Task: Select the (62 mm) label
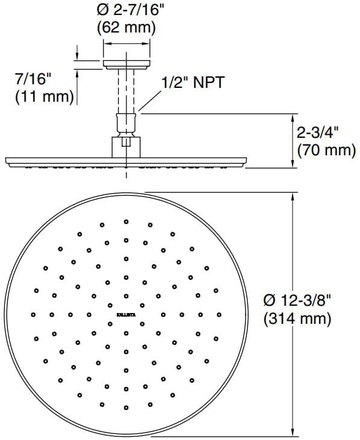tap(126, 27)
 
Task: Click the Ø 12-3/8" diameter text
tap(299, 299)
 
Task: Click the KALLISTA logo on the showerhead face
tap(125, 314)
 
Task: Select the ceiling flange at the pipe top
tap(126, 62)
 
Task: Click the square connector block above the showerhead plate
tap(126, 146)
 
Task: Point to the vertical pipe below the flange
tap(126, 90)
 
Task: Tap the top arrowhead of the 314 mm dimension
tap(293, 197)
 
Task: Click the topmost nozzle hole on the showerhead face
tap(126, 222)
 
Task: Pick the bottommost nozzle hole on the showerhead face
tap(126, 407)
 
